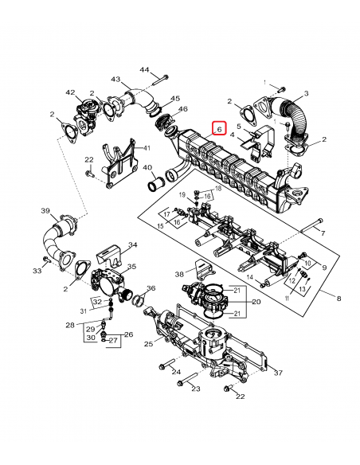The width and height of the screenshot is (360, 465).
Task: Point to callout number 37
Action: pyautogui.click(x=277, y=373)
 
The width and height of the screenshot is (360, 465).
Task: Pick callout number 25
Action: pyautogui.click(x=148, y=344)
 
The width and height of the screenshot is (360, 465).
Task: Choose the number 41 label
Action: pyautogui.click(x=146, y=148)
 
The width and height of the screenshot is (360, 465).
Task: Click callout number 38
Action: pyautogui.click(x=178, y=274)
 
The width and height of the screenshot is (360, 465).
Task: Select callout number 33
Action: pyautogui.click(x=37, y=272)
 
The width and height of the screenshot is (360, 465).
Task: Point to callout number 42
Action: pyautogui.click(x=71, y=93)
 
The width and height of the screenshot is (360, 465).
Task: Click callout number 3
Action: pyautogui.click(x=306, y=94)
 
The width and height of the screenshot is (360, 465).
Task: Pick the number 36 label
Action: pyautogui.click(x=151, y=288)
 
